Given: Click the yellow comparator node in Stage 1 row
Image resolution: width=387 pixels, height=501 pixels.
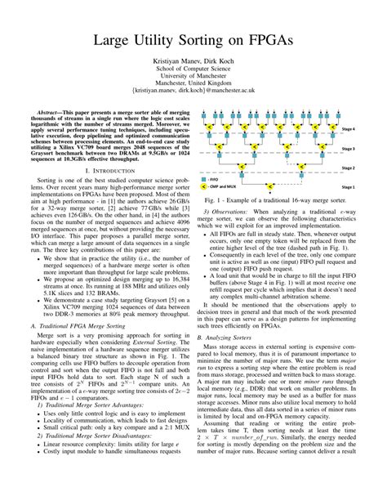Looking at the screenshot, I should pos(278,186).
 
